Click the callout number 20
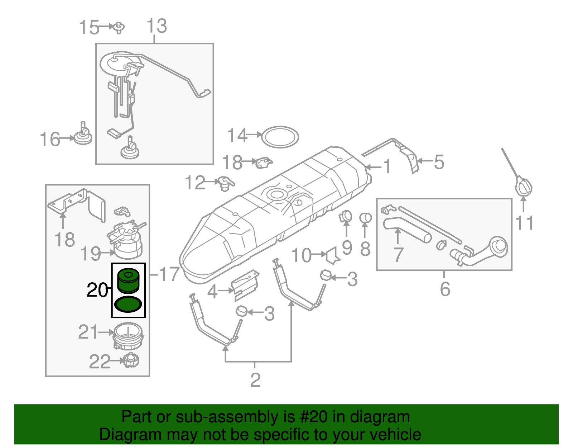click(97, 290)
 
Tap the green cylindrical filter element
click(128, 281)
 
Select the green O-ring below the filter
click(128, 305)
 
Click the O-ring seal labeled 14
click(280, 137)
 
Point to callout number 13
click(157, 26)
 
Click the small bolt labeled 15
click(119, 27)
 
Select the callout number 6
click(445, 289)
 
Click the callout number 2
click(255, 380)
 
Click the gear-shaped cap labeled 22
click(131, 360)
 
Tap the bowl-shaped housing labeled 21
click(128, 337)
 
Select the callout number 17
click(169, 274)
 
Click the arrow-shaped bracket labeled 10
click(332, 255)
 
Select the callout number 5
click(439, 162)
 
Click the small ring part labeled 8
click(365, 218)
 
